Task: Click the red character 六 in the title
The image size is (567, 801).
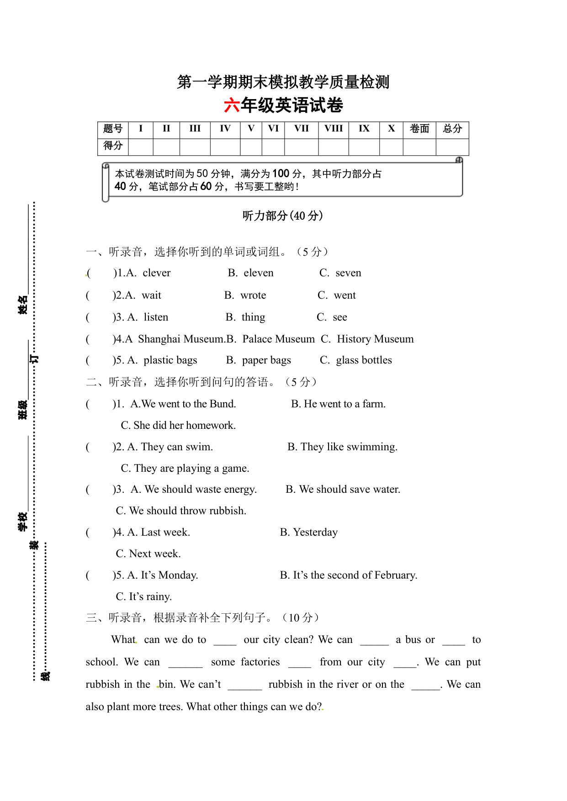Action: point(232,105)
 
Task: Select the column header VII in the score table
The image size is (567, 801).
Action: point(301,129)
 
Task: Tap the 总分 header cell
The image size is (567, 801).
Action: point(452,129)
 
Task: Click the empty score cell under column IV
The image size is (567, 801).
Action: point(225,147)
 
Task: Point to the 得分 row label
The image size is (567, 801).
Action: point(113,146)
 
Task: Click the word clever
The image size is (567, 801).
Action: point(156,273)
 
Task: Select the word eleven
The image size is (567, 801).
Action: point(258,273)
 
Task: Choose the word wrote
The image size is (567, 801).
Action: point(253,295)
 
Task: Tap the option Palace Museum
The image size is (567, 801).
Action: point(278,339)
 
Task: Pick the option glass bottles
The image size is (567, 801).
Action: point(364,360)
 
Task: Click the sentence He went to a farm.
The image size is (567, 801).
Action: point(344,404)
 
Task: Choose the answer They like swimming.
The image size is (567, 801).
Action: point(349,447)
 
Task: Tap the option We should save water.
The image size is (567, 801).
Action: point(350,490)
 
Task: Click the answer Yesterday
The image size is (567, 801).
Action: point(315,532)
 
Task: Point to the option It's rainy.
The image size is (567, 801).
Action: point(150,597)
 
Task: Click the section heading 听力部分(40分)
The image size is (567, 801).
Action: point(283,216)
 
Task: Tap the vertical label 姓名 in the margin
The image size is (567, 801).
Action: point(23,305)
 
